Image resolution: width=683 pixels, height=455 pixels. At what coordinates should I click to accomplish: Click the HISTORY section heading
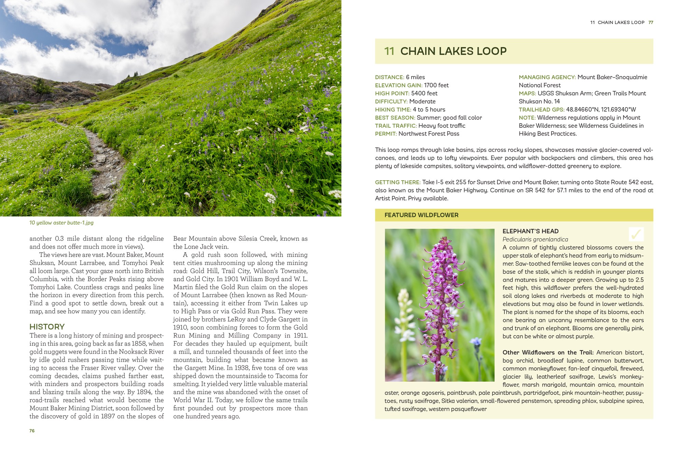coord(47,327)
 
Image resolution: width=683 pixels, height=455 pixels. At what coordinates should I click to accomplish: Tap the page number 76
coord(32,431)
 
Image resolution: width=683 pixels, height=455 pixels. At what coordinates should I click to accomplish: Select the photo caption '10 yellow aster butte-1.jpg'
coord(61,223)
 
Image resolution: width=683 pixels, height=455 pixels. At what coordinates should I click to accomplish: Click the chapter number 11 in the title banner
coord(389,51)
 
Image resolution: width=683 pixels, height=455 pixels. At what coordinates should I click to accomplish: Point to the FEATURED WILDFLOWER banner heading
coord(421,215)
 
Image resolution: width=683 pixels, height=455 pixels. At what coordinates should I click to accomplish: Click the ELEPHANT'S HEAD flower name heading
coord(530,231)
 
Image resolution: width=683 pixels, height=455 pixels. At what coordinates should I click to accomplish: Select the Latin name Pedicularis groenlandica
coord(535,239)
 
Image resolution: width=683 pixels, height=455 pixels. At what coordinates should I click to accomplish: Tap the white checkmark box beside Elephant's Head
coord(636,234)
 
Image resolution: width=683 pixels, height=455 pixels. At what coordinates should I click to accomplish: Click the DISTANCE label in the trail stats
coord(389,77)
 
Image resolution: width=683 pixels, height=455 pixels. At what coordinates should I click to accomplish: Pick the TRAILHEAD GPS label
coord(541,110)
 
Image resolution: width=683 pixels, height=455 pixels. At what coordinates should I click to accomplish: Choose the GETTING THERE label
coord(398,182)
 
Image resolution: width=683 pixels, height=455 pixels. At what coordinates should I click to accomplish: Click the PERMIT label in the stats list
coord(386,134)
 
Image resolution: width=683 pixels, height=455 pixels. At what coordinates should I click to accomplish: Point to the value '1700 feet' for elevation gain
coord(436,85)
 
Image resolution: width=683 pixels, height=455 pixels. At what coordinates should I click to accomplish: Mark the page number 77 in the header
coord(651,23)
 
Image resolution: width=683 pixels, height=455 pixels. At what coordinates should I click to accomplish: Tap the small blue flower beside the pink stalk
coord(476,341)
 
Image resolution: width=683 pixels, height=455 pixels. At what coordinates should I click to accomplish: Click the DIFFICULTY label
coord(391,101)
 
